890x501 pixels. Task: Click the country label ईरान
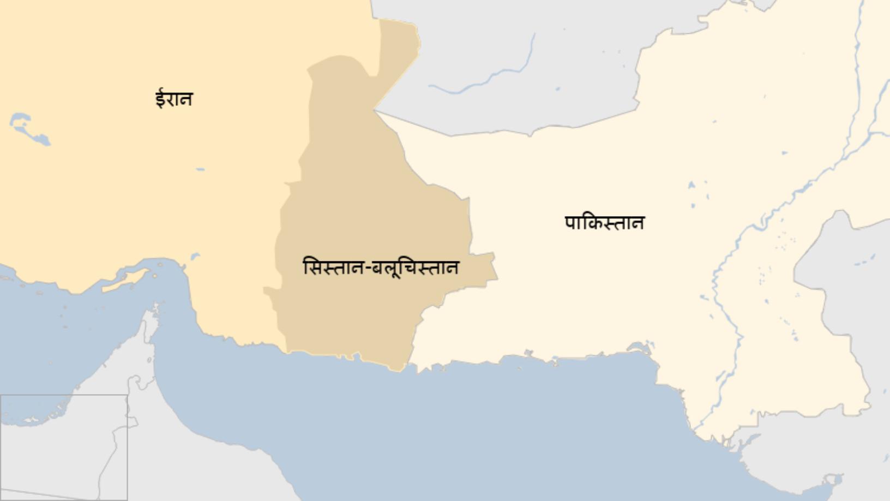(x=174, y=99)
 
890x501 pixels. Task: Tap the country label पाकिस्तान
(x=604, y=223)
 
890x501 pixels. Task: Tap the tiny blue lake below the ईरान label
(x=200, y=170)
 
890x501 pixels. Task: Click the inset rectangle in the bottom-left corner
(x=63, y=447)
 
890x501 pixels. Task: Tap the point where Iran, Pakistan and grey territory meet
(x=375, y=111)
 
